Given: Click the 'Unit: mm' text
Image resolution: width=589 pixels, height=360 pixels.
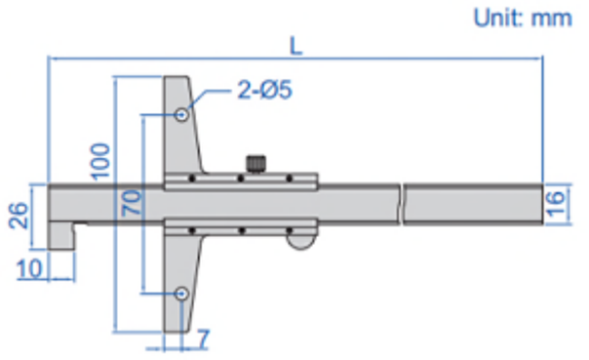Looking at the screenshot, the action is pos(523,18).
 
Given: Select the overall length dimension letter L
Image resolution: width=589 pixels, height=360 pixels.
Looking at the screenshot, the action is pos(296,47).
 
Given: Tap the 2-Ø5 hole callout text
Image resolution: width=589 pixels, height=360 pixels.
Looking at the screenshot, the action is pos(264,90).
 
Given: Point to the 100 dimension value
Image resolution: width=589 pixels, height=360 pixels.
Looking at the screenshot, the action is pos(100,161).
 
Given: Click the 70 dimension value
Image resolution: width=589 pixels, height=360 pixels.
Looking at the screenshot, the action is pos(132,203).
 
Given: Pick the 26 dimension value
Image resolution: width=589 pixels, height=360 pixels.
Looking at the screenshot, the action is pos(20,216).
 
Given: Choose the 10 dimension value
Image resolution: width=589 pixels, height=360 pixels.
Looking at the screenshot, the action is pos(29,269).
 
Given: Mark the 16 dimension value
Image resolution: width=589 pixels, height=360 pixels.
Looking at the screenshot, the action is pos(556,203).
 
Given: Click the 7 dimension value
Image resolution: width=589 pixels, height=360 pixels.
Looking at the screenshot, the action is pos(203,339).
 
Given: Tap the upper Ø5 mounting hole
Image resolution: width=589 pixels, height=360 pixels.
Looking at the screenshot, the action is pos(181,114).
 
